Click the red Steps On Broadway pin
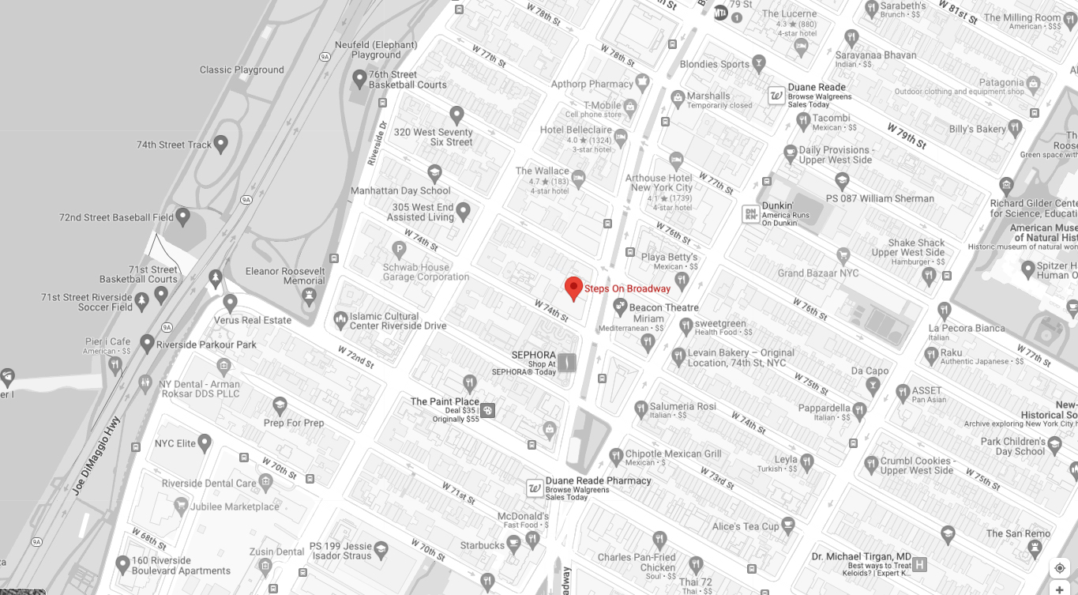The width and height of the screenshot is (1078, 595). pyautogui.click(x=573, y=288)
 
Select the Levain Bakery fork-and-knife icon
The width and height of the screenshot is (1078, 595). pyautogui.click(x=678, y=357)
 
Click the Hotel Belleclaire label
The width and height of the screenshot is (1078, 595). pyautogui.click(x=577, y=130)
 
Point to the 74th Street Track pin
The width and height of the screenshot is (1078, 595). pyautogui.click(x=221, y=144)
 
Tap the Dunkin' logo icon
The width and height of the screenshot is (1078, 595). pyautogui.click(x=749, y=213)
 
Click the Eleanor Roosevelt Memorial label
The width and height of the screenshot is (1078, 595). pyautogui.click(x=285, y=276)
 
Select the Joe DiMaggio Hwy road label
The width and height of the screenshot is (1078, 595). pyautogui.click(x=95, y=456)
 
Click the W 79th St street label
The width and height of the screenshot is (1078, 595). pyautogui.click(x=906, y=135)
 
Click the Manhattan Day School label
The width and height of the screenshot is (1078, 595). pyautogui.click(x=400, y=190)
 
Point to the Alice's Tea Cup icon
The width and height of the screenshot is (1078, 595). pyautogui.click(x=791, y=525)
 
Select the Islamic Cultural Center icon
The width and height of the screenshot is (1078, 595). pyautogui.click(x=340, y=320)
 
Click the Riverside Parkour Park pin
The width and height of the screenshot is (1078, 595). pyautogui.click(x=147, y=344)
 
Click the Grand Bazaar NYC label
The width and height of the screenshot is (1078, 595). pyautogui.click(x=817, y=273)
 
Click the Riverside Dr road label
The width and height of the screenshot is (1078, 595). pyautogui.click(x=377, y=141)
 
